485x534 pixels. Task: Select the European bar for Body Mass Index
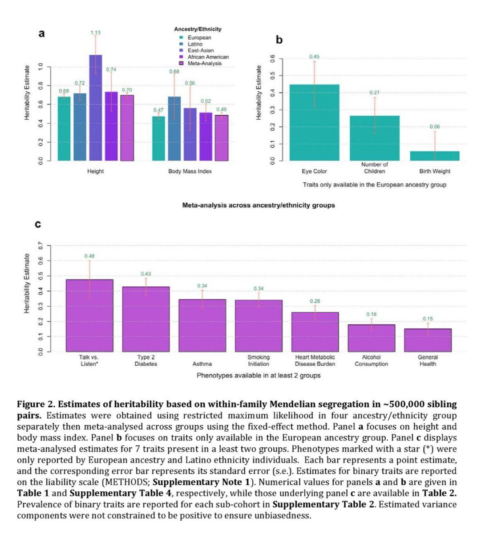coord(159,138)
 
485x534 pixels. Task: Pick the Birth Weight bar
coord(435,156)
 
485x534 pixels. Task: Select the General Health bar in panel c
coord(428,340)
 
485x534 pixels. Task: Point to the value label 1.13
coord(96,32)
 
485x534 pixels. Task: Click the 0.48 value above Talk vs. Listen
coord(89,256)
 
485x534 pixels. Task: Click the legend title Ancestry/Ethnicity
coord(198,29)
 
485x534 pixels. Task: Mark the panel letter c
coord(38,225)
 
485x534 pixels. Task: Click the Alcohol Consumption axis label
coord(371,360)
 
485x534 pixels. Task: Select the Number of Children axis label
coord(375,168)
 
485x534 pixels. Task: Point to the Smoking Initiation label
coord(259,360)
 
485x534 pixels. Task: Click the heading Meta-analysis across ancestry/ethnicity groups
coord(259,205)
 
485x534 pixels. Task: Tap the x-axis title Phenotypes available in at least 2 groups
coord(259,375)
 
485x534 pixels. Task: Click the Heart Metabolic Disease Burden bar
coord(315,332)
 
